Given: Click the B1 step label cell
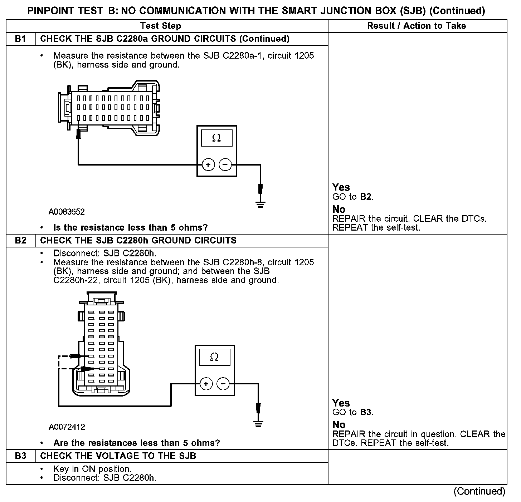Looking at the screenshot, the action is (x=21, y=39).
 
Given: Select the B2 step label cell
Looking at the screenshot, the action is (x=21, y=240).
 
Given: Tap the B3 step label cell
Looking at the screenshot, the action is (x=21, y=456).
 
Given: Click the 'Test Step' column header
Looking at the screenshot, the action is (x=161, y=26).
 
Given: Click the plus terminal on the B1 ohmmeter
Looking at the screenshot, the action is (x=208, y=164).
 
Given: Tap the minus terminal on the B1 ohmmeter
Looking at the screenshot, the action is (x=225, y=164).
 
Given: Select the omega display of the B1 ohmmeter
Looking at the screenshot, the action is (x=216, y=138).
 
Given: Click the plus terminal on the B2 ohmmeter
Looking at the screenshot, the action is (x=206, y=384).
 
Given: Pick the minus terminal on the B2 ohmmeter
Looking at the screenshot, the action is (x=223, y=384).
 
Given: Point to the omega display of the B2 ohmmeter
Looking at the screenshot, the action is (x=214, y=357).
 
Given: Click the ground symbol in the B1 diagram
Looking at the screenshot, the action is (x=260, y=205).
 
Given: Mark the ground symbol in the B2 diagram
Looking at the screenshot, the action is (x=258, y=424).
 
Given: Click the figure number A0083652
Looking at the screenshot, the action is (x=67, y=212).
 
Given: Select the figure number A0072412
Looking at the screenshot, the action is (x=67, y=427).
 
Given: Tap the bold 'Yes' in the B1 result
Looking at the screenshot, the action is (x=341, y=187).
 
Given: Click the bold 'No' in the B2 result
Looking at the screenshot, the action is (x=339, y=425).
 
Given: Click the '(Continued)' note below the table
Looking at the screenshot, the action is (x=479, y=491).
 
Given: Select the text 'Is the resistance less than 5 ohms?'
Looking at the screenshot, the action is (x=131, y=227).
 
